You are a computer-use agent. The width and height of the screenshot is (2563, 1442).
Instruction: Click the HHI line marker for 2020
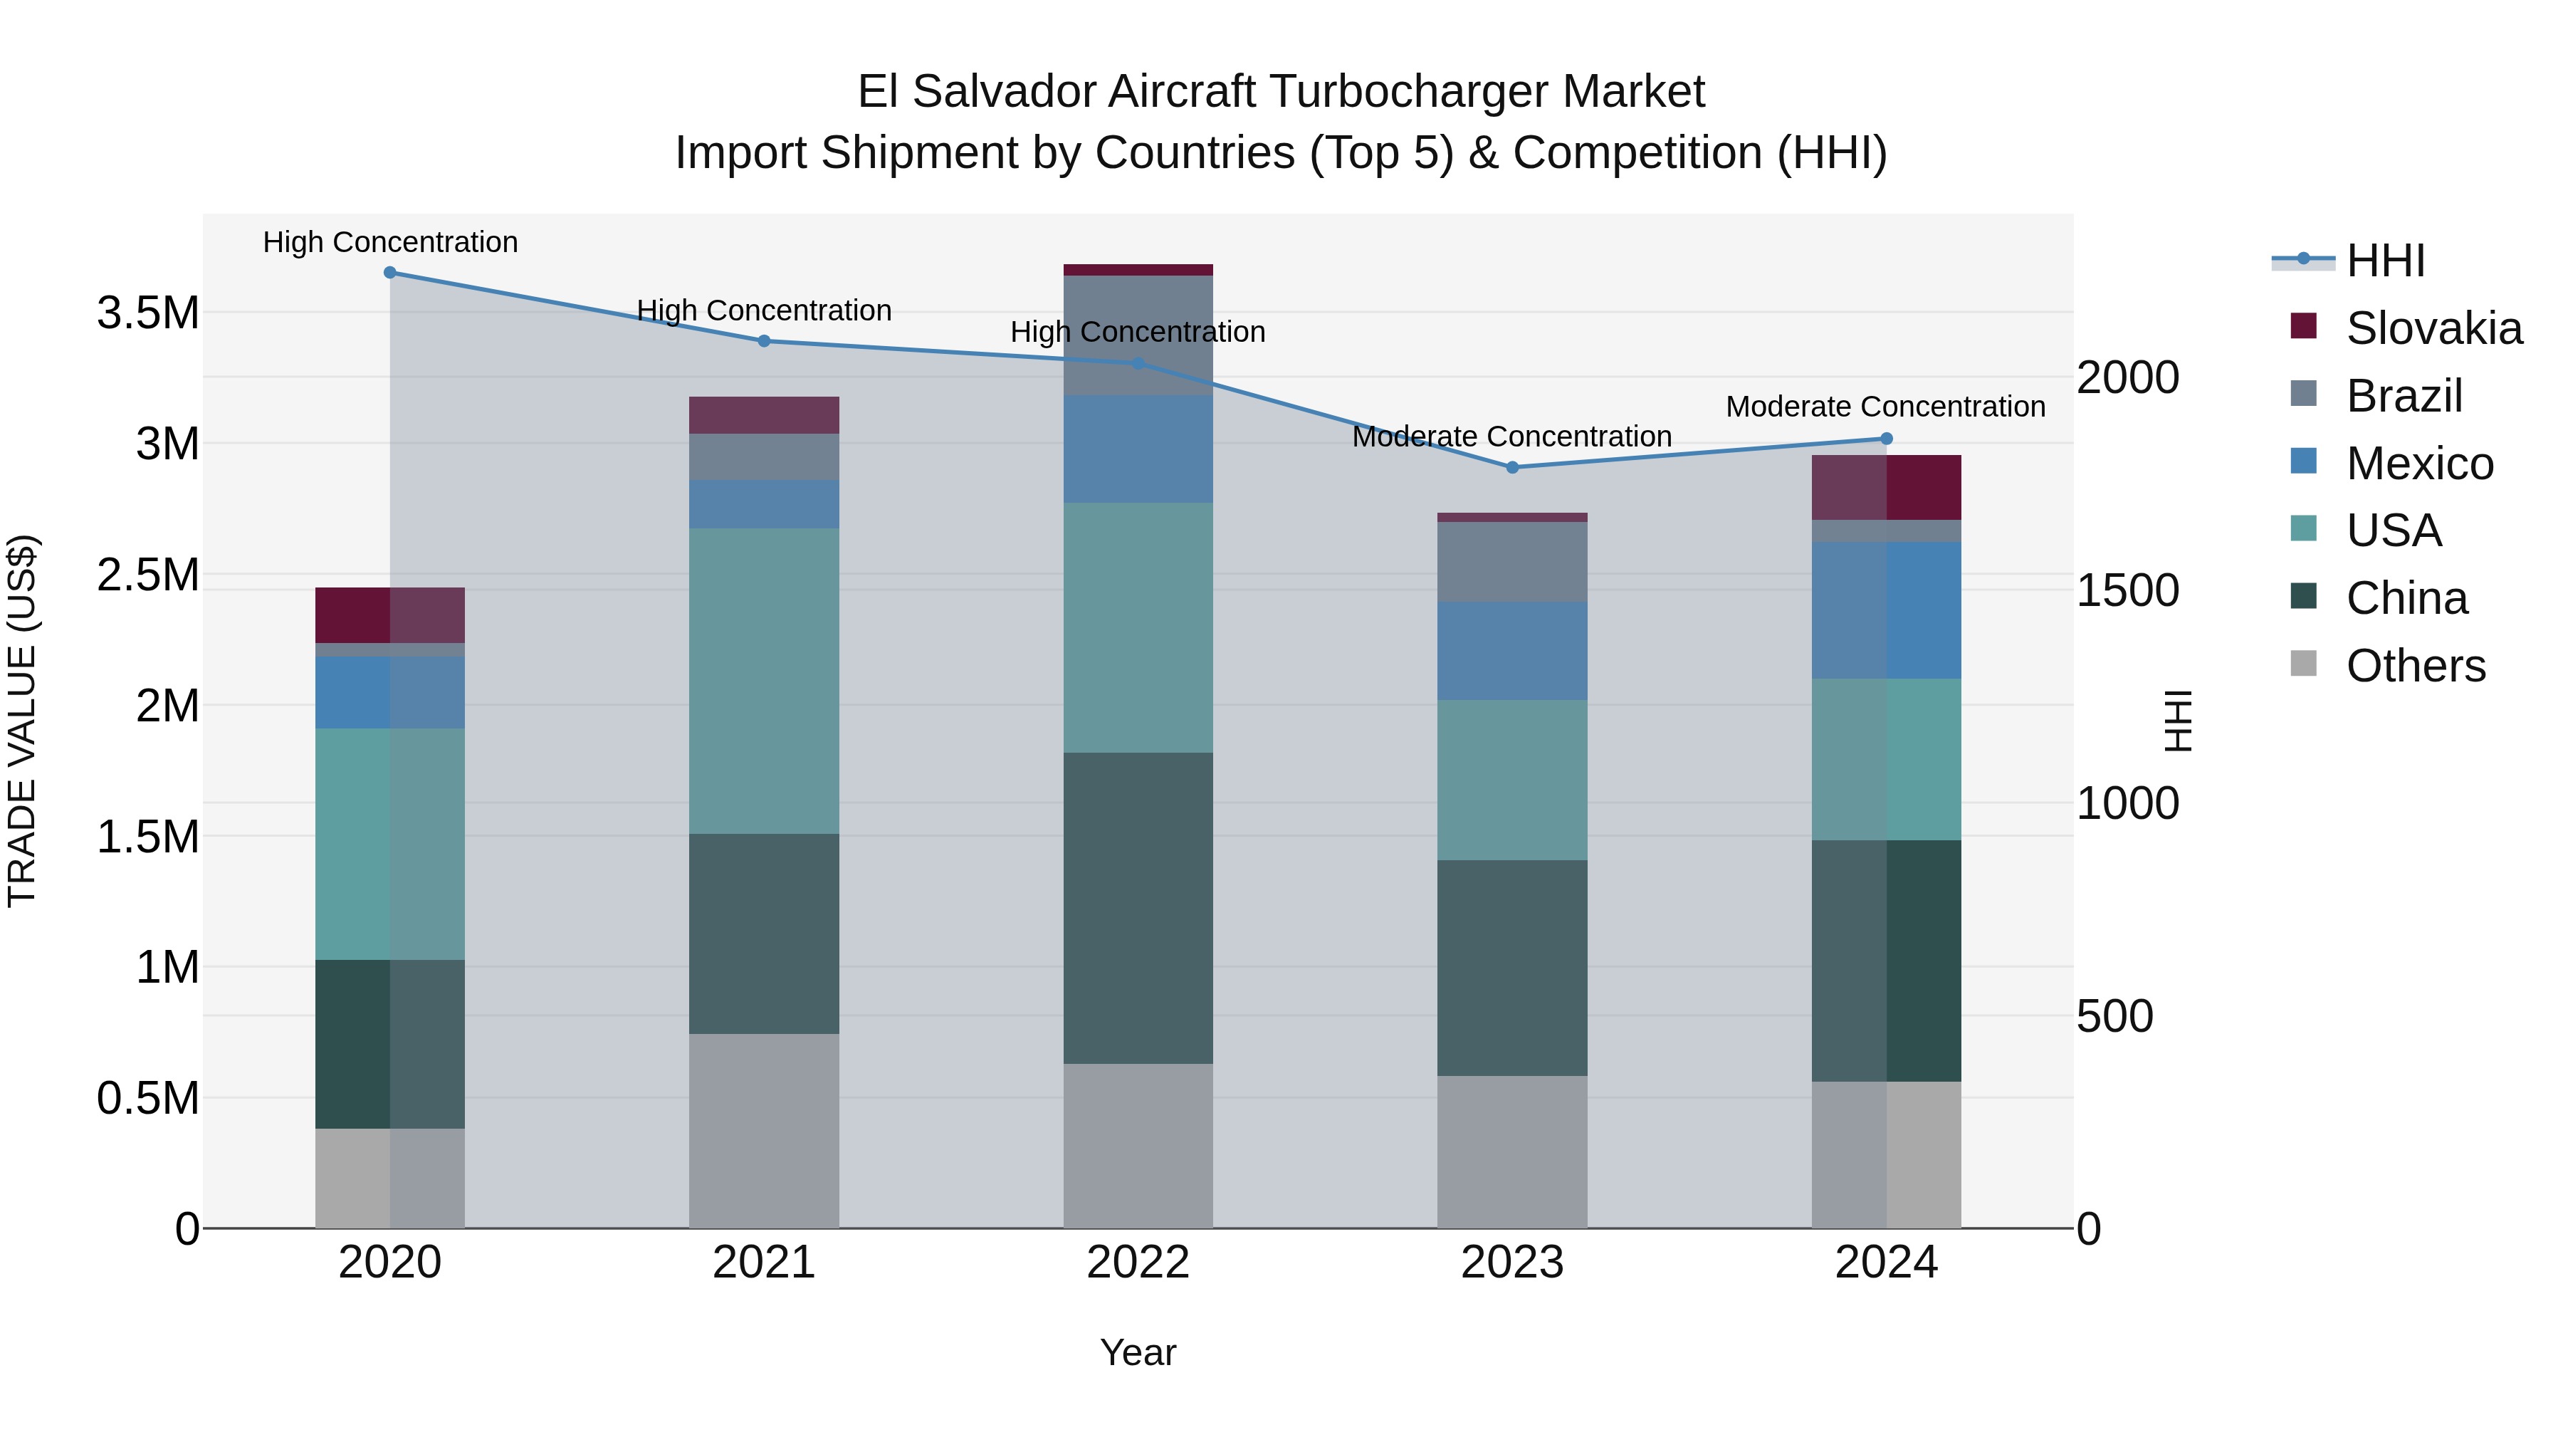point(390,273)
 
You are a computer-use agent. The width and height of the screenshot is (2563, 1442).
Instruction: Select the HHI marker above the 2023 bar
point(1512,466)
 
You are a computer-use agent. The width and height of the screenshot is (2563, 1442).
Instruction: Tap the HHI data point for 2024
point(1887,439)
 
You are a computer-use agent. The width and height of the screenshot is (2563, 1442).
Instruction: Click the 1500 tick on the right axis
point(2127,590)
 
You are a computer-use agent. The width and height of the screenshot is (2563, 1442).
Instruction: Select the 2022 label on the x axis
point(1138,1263)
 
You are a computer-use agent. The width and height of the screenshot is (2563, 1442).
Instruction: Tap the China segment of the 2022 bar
point(1138,908)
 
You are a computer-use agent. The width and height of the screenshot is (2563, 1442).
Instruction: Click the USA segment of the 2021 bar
point(764,681)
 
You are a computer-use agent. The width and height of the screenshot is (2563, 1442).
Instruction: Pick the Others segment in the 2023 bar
point(1512,1151)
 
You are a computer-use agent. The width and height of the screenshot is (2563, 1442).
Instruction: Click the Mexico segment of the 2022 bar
point(1138,449)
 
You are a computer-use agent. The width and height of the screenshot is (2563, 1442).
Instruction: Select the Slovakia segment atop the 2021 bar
point(764,415)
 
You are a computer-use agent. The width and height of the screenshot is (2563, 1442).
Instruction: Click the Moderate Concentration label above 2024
point(1885,407)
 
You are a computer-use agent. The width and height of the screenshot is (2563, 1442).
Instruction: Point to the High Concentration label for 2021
point(764,310)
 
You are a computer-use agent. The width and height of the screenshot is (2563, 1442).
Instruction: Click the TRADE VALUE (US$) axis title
point(22,721)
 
